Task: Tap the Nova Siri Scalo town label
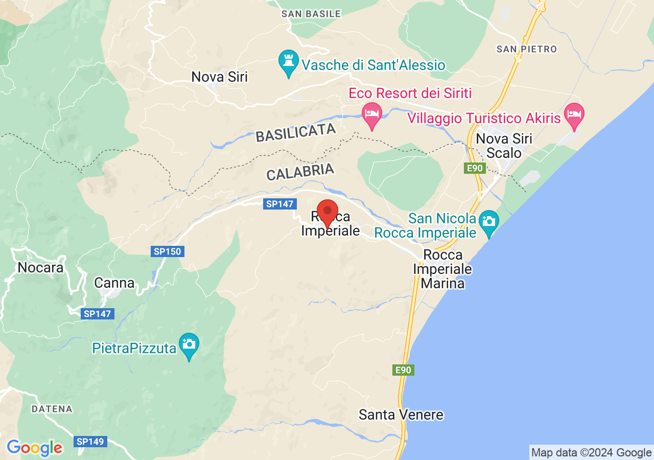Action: [504, 146]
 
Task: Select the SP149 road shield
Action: [90, 441]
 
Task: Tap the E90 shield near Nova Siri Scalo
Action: [475, 169]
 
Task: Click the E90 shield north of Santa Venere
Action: [403, 370]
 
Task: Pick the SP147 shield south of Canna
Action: [98, 314]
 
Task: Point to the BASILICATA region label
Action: [296, 133]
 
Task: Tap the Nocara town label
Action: [40, 267]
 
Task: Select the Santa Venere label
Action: [401, 415]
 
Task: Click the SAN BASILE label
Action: [311, 14]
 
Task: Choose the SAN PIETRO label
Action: [527, 49]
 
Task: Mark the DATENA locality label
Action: [52, 409]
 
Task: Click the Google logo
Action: [35, 448]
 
